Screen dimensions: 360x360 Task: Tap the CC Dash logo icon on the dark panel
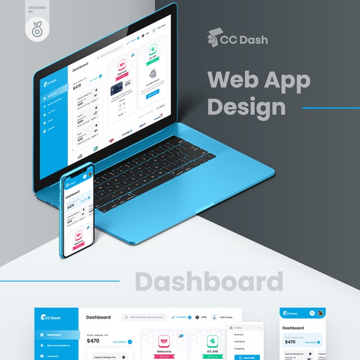click(x=215, y=38)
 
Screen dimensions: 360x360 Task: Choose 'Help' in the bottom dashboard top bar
click(x=203, y=317)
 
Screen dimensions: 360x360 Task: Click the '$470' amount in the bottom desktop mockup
click(x=93, y=341)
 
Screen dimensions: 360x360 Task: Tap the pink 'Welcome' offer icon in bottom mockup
click(x=164, y=341)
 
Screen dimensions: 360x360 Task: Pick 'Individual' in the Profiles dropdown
click(x=240, y=341)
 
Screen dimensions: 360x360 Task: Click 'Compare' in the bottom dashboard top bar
click(x=181, y=317)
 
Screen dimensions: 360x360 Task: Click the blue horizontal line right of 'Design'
click(x=331, y=108)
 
